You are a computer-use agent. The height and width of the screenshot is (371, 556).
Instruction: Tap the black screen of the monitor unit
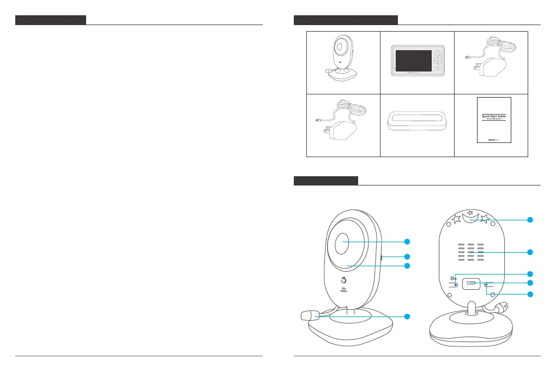[x=412, y=61]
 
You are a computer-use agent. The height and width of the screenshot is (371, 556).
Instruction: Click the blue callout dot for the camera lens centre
[x=407, y=241]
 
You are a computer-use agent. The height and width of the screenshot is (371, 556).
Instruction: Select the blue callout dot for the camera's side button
[x=407, y=256]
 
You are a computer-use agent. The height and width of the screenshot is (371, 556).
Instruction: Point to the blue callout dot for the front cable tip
[x=407, y=316]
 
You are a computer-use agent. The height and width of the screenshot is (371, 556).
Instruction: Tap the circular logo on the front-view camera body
[x=343, y=282]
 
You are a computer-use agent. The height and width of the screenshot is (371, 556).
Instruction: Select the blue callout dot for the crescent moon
[x=529, y=220]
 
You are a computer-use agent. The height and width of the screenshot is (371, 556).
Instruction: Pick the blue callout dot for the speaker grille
[x=529, y=252]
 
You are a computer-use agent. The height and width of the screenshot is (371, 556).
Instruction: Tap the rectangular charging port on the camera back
[x=471, y=284]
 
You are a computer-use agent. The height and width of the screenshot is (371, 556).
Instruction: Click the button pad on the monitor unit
[x=439, y=61]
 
